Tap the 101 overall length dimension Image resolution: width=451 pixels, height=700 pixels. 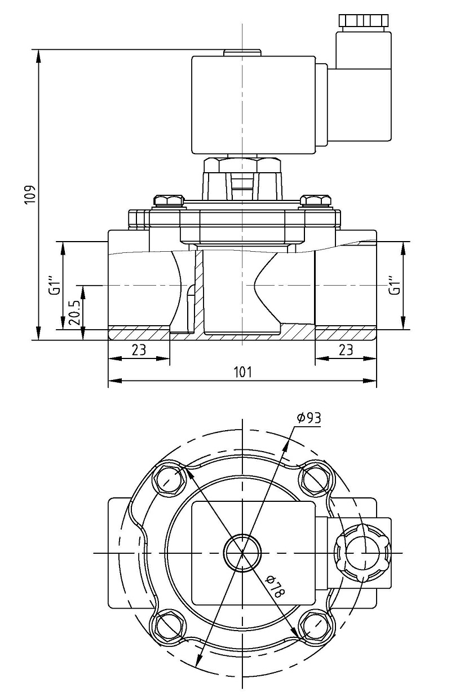242,372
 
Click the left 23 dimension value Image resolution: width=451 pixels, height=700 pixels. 139,349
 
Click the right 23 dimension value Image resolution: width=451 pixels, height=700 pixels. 346,349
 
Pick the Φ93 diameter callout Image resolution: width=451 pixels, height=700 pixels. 309,418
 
